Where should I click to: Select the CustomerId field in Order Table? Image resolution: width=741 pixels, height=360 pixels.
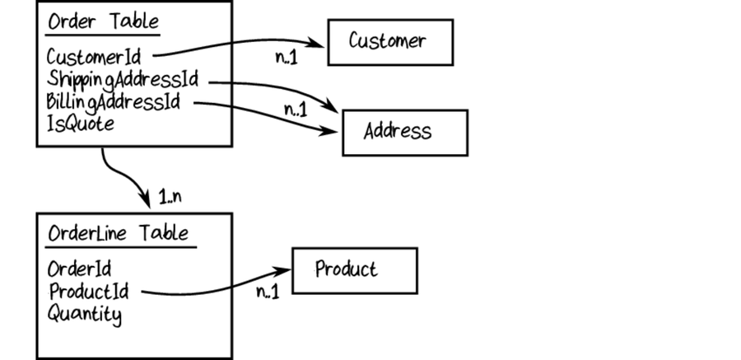93,58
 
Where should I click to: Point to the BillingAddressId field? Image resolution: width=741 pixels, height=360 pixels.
114,103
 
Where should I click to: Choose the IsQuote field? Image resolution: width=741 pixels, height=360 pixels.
80,124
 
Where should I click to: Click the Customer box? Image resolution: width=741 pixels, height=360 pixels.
390,42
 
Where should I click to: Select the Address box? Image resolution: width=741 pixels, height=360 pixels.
404,132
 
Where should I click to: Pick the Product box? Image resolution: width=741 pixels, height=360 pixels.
355,270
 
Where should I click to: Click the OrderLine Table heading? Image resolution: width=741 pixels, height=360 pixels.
118,233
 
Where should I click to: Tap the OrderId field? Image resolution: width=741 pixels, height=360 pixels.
79,269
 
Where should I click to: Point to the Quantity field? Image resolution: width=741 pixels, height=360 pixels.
84,313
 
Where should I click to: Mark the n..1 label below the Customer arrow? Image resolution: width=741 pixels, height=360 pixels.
288,58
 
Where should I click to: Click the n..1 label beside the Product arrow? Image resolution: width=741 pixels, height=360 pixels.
268,292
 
